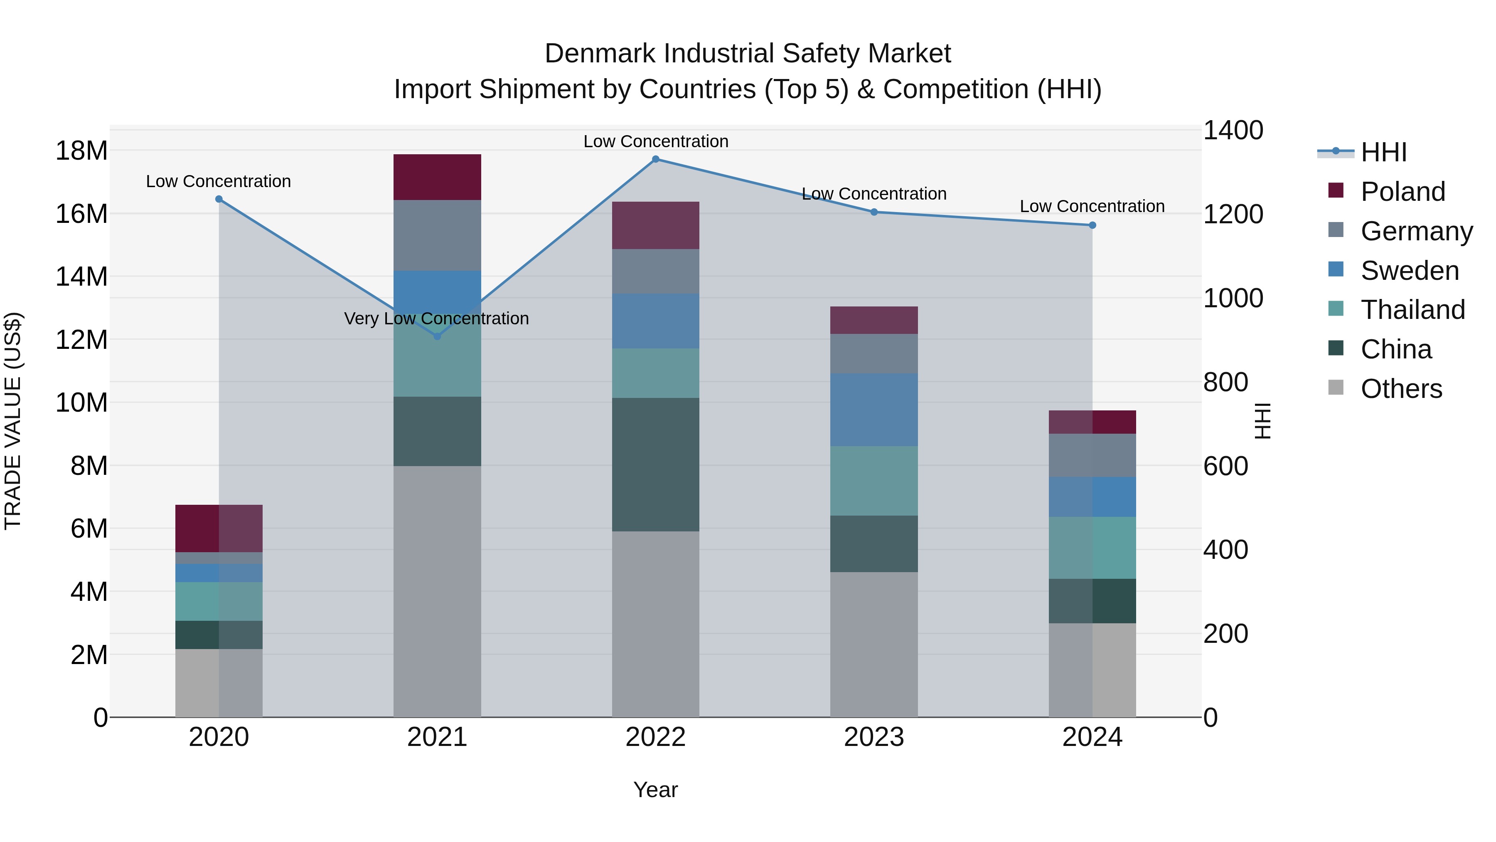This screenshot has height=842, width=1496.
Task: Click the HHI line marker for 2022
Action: pyautogui.click(x=656, y=159)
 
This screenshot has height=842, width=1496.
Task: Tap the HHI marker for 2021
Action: pyautogui.click(x=437, y=336)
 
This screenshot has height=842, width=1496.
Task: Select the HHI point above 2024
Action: pyautogui.click(x=1092, y=225)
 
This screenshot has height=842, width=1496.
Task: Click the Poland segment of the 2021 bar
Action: pyautogui.click(x=437, y=177)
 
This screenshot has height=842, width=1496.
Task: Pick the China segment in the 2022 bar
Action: pyautogui.click(x=656, y=464)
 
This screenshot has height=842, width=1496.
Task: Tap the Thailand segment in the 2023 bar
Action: pyautogui.click(x=874, y=481)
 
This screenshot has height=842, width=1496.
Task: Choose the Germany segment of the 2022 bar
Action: pyautogui.click(x=656, y=272)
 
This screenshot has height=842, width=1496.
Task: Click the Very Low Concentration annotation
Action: pyautogui.click(x=436, y=319)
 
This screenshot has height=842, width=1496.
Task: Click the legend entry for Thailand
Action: pyautogui.click(x=1412, y=310)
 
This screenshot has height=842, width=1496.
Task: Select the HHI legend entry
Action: pyautogui.click(x=1383, y=152)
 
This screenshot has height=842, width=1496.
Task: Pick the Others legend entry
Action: pyautogui.click(x=1401, y=389)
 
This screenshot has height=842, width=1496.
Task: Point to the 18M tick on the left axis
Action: pyautogui.click(x=81, y=151)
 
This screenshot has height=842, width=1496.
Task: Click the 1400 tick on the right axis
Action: pyautogui.click(x=1233, y=130)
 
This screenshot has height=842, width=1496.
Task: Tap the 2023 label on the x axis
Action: pyautogui.click(x=874, y=737)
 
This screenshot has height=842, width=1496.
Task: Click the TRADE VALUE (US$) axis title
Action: pyautogui.click(x=13, y=421)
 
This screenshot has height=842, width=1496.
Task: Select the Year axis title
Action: pyautogui.click(x=656, y=790)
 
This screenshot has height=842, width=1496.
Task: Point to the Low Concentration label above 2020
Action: pyautogui.click(x=218, y=181)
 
